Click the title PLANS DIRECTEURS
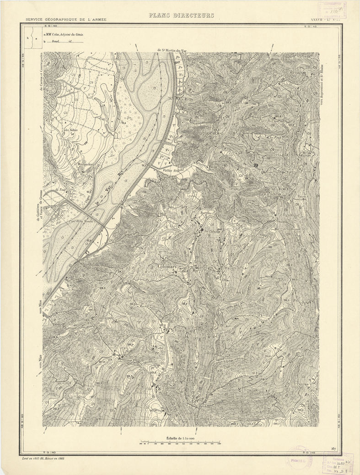point(181,16)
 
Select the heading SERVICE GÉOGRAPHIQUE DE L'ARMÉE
point(66,20)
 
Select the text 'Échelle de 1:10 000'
point(180,438)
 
